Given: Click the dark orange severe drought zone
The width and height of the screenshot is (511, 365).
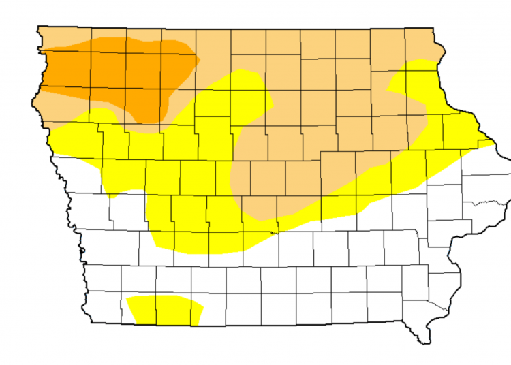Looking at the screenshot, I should coord(123,72).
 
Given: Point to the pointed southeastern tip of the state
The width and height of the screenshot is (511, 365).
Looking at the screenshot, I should coord(427,343).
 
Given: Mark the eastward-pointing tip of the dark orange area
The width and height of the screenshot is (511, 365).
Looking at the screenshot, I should coord(198,60).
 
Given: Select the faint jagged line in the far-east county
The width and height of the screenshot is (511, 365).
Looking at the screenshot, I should coord(485,203).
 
